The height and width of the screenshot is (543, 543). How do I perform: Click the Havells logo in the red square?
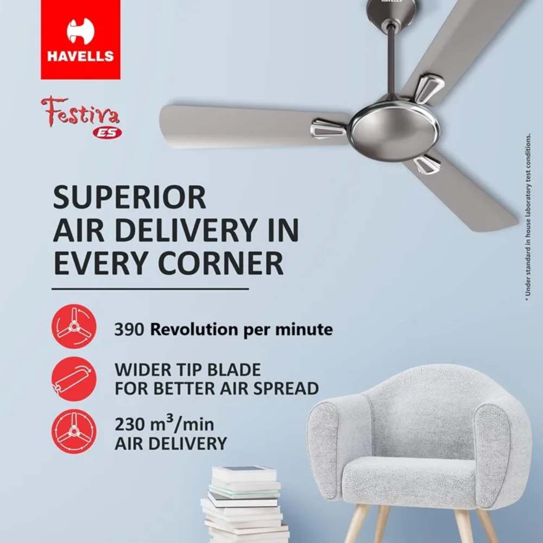click(80, 40)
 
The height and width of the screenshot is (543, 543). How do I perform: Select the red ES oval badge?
click(107, 133)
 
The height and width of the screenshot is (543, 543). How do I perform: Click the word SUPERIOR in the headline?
click(130, 197)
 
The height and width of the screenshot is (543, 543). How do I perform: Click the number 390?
click(129, 330)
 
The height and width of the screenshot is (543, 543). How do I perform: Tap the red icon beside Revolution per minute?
click(74, 326)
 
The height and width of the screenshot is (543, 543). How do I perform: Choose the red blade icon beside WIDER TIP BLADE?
click(74, 379)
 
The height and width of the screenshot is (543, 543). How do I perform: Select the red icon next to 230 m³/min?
click(74, 432)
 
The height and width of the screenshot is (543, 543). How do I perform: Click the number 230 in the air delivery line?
click(129, 424)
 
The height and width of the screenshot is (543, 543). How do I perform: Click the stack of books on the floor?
click(245, 504)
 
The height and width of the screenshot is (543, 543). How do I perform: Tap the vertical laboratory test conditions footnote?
click(527, 216)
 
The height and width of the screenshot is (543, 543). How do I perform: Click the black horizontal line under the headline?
click(150, 288)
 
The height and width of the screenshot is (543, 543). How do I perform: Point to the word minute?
click(304, 330)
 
